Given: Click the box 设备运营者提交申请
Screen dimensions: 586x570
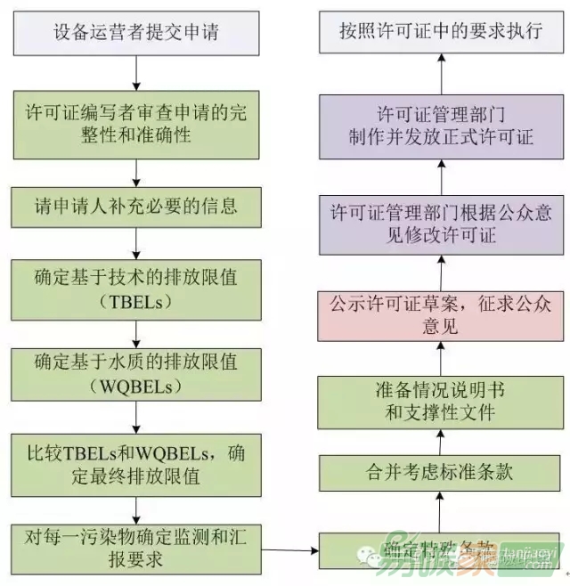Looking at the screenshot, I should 136,34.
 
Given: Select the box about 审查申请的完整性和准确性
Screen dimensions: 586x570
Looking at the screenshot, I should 136,126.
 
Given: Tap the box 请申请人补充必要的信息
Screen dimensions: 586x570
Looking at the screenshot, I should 136,207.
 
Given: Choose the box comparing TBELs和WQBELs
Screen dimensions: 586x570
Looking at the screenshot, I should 136,463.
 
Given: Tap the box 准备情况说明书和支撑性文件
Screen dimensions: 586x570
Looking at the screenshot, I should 440,402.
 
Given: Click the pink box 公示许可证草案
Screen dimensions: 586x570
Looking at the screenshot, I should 440,316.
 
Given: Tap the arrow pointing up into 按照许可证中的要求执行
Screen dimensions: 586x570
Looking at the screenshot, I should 440,72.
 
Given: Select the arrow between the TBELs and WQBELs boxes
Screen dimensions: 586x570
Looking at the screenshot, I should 135,333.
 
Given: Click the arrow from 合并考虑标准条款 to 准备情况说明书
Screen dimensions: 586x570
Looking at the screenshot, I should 440,439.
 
